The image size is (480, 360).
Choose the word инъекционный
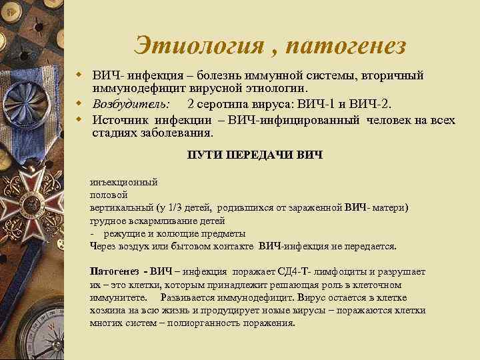[123, 181]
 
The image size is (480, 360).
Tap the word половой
[108, 195]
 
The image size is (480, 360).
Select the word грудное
[107, 221]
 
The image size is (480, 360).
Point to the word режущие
[123, 233]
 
